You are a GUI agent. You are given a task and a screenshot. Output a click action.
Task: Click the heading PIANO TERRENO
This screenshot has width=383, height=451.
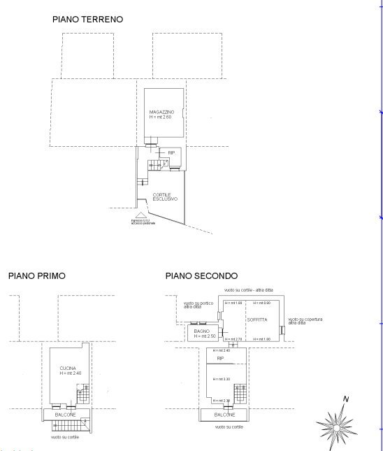87,20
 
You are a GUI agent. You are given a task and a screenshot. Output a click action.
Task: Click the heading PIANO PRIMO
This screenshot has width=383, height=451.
36,276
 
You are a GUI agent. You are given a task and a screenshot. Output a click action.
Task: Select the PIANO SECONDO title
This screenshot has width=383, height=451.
201,276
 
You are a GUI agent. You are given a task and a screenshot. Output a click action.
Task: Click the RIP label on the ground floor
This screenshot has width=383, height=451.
171,151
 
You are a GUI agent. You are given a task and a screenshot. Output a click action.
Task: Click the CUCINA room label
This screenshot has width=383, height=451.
68,368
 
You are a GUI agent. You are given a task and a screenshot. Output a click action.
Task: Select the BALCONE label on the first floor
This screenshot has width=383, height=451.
66,415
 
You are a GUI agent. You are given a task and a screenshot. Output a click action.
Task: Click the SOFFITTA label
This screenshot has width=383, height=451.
256,320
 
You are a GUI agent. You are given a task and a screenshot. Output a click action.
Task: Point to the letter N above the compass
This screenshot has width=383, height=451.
345,400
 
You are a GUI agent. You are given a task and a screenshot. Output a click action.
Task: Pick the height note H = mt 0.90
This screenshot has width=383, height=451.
261,303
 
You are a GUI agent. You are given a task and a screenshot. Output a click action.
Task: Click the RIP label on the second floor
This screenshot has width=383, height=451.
220,358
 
